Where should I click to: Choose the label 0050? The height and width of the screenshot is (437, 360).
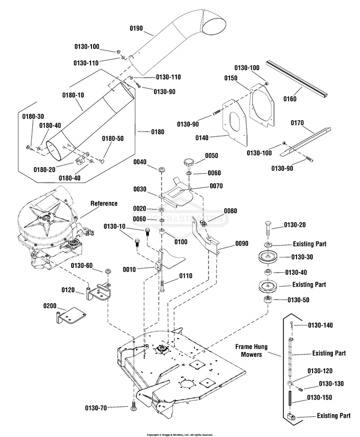tap(212, 156)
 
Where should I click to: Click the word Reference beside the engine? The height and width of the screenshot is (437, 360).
tap(104, 203)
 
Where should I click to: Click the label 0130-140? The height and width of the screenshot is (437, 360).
tap(320, 325)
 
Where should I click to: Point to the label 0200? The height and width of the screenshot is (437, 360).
tap(50, 305)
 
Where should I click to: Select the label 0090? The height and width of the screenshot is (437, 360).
tap(242, 242)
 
